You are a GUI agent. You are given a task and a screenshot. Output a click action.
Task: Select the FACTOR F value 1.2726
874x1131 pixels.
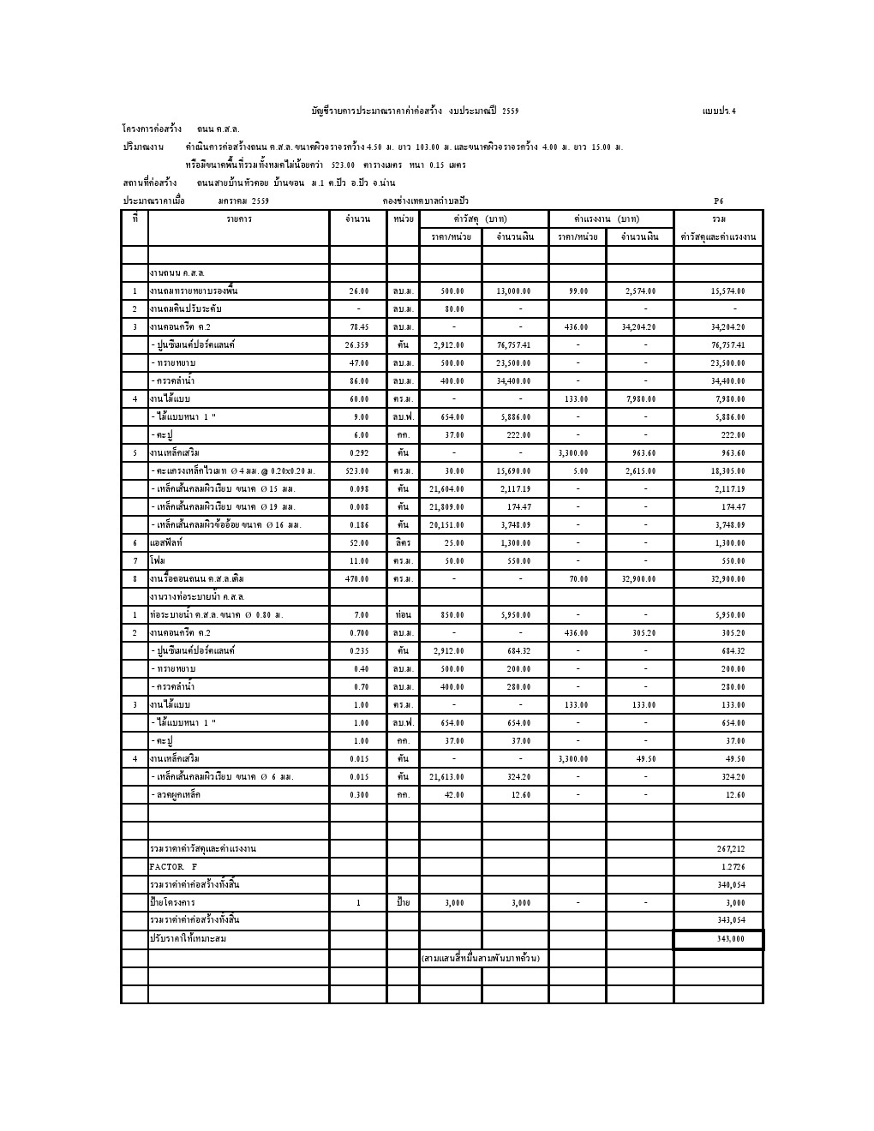tap(730, 867)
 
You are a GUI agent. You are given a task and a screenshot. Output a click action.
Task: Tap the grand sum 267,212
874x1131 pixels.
tap(730, 849)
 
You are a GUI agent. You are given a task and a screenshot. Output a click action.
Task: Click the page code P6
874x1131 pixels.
tap(719, 200)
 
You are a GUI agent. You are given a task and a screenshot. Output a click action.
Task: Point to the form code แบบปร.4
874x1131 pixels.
tap(719, 111)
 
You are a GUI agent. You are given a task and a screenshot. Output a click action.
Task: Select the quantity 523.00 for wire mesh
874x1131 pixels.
tap(358, 471)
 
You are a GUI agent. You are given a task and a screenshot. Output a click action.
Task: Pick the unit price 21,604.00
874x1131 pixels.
tap(453, 489)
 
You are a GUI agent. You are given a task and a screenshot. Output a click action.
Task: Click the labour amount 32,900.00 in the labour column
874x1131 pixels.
tap(639, 579)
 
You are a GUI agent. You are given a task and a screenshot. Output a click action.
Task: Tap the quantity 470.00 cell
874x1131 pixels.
tap(358, 579)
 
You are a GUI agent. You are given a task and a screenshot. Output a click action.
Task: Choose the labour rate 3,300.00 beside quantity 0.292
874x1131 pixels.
tap(578, 453)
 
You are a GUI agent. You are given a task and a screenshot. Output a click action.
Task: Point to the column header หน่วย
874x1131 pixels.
tap(403, 219)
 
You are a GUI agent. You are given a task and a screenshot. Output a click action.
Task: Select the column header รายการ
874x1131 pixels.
tap(239, 219)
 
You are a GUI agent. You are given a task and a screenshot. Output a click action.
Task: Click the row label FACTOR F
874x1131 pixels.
tap(173, 867)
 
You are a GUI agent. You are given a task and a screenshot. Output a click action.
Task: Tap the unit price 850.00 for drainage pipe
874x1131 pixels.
tap(453, 615)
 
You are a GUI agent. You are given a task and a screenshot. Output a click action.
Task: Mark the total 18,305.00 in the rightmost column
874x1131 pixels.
tap(728, 471)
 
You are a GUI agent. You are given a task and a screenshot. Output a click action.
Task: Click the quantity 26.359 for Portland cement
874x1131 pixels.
tap(358, 345)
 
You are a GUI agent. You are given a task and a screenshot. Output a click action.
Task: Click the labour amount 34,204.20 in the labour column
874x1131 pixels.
tap(639, 327)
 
